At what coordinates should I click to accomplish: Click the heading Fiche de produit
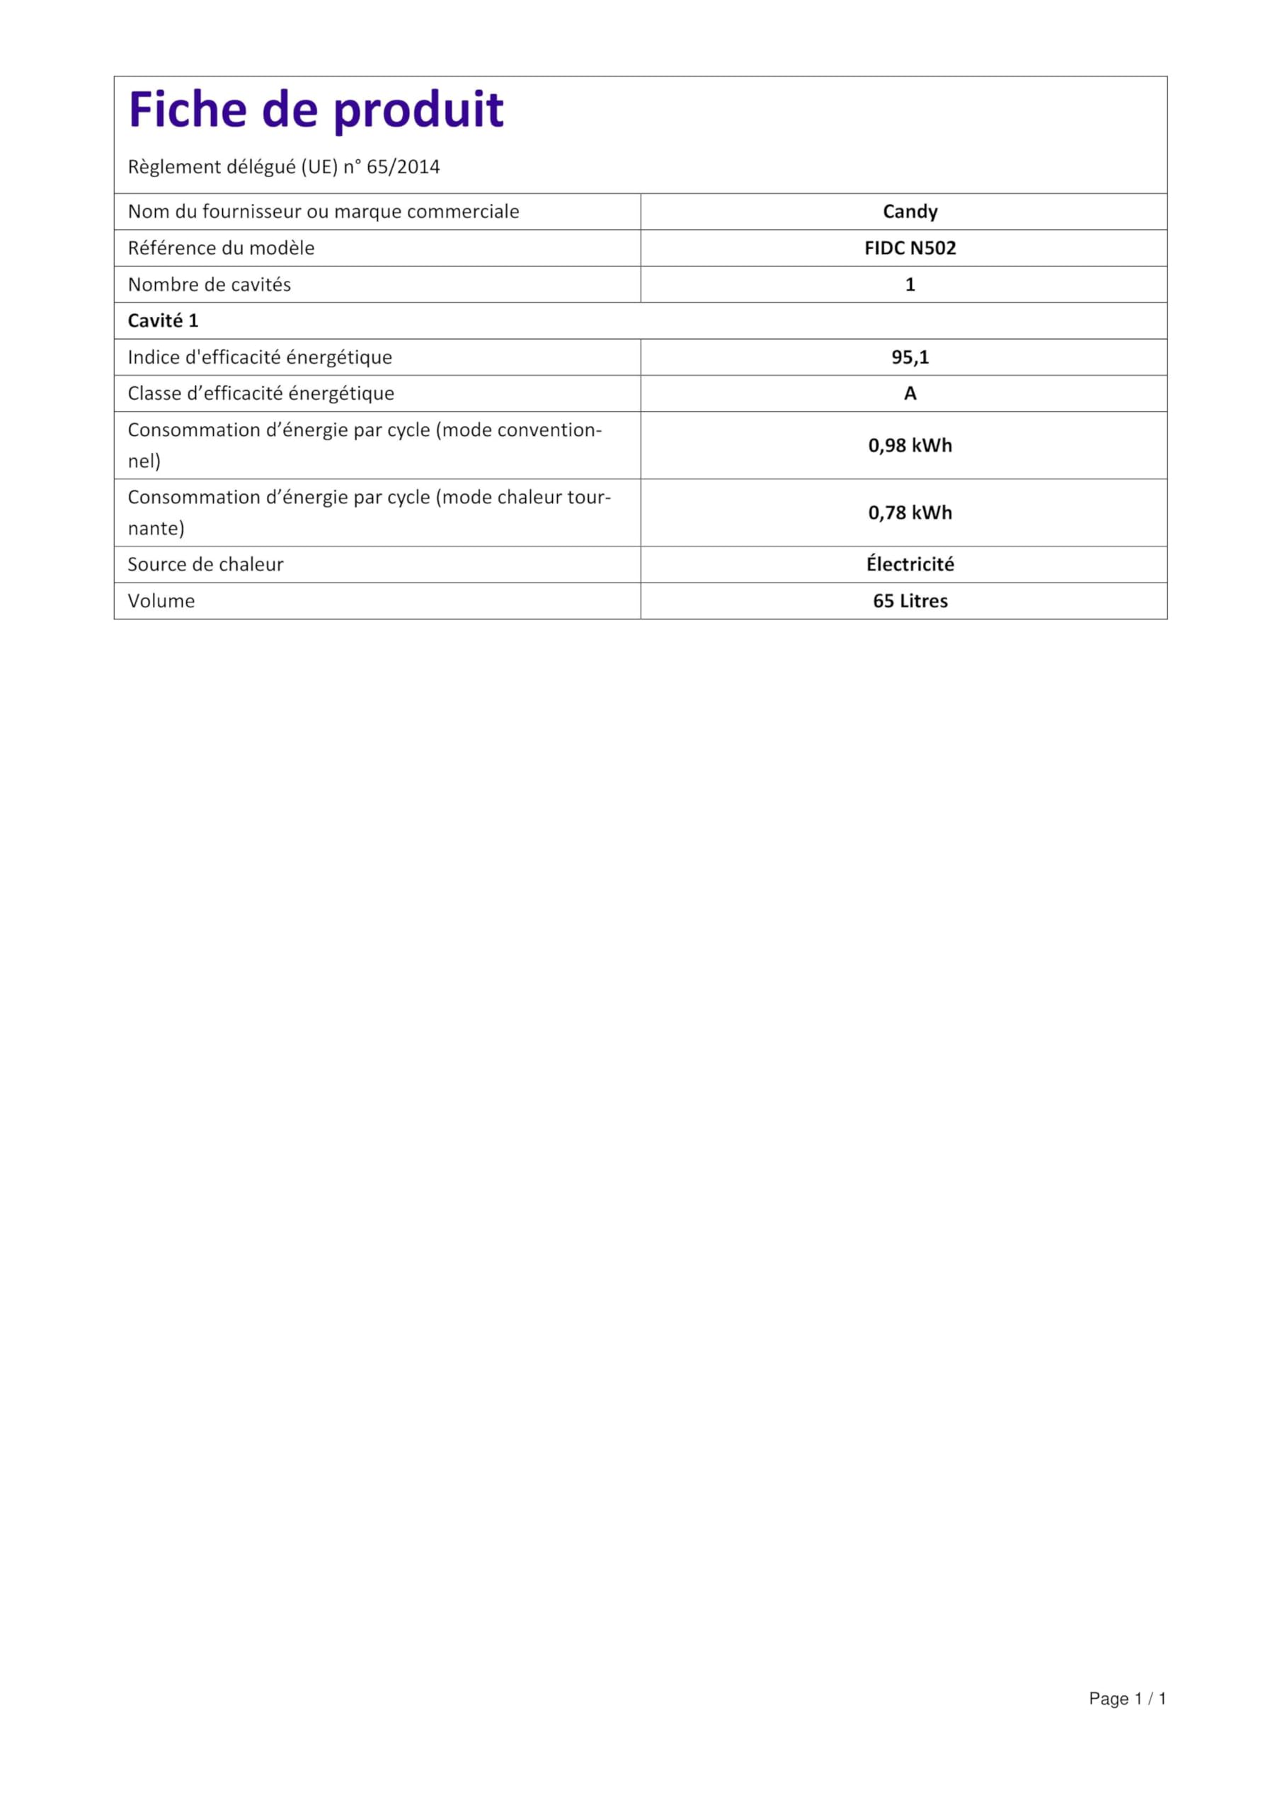(316, 110)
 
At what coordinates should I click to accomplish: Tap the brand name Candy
(910, 212)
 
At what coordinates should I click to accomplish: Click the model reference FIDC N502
(910, 248)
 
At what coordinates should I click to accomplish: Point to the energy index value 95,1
(910, 357)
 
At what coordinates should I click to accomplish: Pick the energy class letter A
(910, 394)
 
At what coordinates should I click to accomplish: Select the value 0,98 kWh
(910, 445)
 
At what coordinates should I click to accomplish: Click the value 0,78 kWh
(910, 513)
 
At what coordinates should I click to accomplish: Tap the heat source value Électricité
(910, 564)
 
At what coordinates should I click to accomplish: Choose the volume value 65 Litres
(910, 601)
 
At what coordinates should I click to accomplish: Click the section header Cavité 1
(163, 321)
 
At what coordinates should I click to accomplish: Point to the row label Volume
(161, 601)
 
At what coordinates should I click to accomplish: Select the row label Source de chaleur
(205, 564)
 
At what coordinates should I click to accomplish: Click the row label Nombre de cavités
(210, 285)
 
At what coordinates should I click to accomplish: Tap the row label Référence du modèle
(221, 248)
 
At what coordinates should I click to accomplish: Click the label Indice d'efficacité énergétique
(260, 357)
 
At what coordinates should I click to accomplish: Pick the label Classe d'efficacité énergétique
(261, 394)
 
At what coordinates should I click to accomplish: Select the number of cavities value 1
(910, 285)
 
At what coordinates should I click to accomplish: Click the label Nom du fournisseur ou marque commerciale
(323, 212)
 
